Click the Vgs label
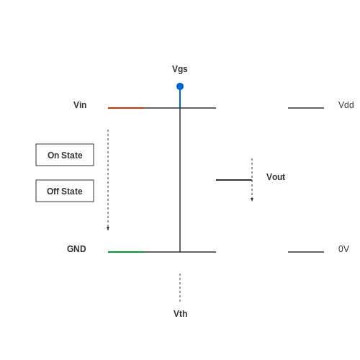pyautogui.click(x=180, y=69)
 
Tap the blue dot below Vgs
pyautogui.click(x=180, y=86)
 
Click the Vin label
pyautogui.click(x=80, y=105)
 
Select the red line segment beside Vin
pyautogui.click(x=126, y=108)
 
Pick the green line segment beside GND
pyautogui.click(x=126, y=252)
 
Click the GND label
pyautogui.click(x=76, y=249)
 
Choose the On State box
pyautogui.click(x=65, y=155)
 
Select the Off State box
pyautogui.click(x=65, y=191)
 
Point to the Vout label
pyautogui.click(x=276, y=177)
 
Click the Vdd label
pyautogui.click(x=346, y=105)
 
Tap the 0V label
pyautogui.click(x=343, y=249)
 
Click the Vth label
pyautogui.click(x=180, y=314)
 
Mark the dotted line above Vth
pyautogui.click(x=180, y=287)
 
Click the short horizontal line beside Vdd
pyautogui.click(x=306, y=108)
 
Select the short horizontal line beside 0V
pyautogui.click(x=306, y=252)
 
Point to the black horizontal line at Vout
pyautogui.click(x=234, y=180)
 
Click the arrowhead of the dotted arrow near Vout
pyautogui.click(x=252, y=199)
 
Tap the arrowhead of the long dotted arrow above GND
pyautogui.click(x=108, y=228)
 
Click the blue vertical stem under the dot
pyautogui.click(x=180, y=99)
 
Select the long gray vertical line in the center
pyautogui.click(x=180, y=180)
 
